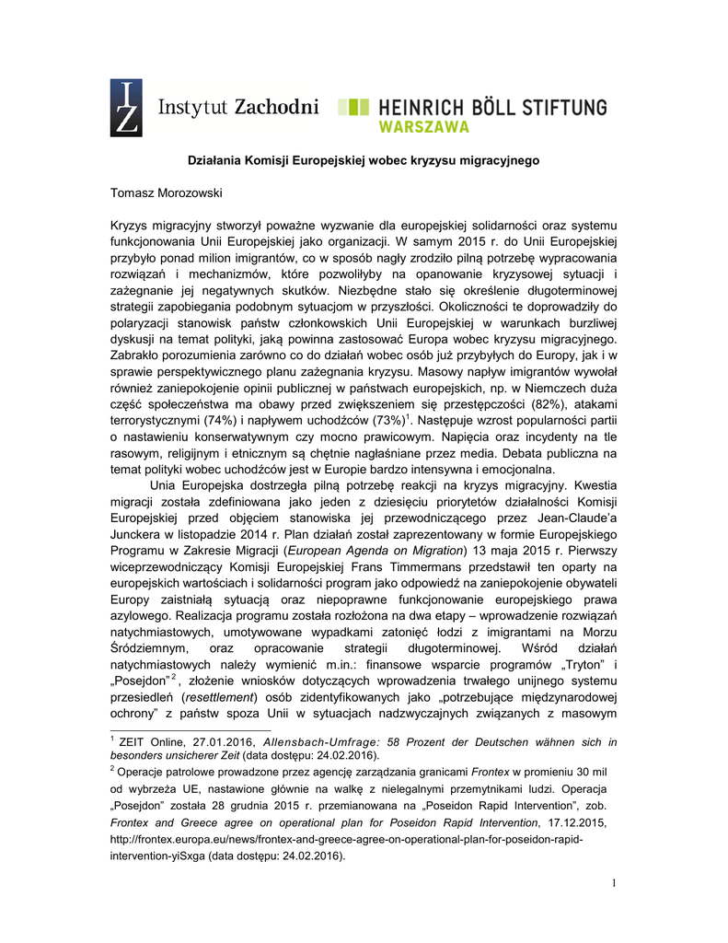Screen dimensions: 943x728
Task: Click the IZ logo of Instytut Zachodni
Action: tap(126, 109)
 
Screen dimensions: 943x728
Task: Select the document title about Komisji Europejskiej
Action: tap(364, 160)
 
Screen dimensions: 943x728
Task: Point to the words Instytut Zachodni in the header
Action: tap(239, 107)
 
